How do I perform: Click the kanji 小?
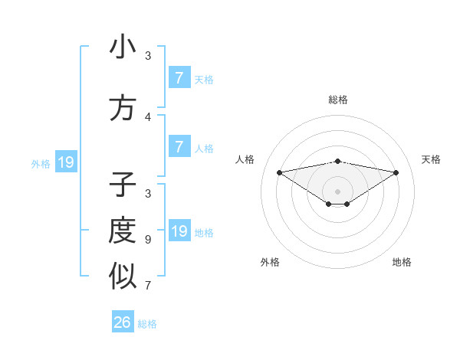coord(123,47)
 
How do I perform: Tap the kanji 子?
coord(123,186)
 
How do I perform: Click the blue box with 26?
coord(123,322)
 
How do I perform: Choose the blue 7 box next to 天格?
coord(179,78)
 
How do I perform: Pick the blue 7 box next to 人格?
coord(179,147)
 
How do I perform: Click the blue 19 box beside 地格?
coord(179,231)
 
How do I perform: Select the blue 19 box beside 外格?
coord(66,162)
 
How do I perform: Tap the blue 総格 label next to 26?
coord(147,323)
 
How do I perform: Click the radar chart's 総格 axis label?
coord(338,100)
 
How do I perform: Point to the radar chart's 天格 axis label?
coord(431,159)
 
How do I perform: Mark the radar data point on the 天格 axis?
coord(396,172)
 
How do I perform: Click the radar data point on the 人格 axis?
coord(279,172)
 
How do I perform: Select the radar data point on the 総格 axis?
coord(338,161)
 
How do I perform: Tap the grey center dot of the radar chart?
coord(338,191)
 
